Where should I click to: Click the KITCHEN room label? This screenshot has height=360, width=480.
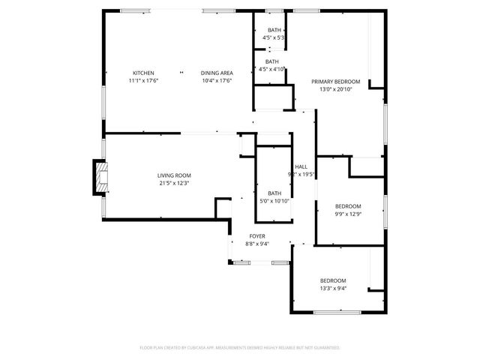[143, 73]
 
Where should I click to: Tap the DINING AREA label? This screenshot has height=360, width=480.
[216, 73]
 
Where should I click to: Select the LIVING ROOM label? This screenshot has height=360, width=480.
[174, 175]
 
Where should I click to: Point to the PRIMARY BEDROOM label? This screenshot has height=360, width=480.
[336, 82]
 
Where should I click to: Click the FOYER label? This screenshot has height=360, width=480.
[258, 236]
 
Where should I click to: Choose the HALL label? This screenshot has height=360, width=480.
[301, 166]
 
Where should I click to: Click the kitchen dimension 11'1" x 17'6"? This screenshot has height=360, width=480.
[143, 80]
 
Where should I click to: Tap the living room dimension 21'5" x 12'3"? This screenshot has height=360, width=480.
[174, 183]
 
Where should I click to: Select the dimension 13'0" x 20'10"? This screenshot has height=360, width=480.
[336, 89]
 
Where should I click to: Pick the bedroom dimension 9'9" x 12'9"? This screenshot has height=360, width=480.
[348, 214]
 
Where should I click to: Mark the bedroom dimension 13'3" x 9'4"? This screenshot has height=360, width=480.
[333, 288]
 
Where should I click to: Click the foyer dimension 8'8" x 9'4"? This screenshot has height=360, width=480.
[258, 244]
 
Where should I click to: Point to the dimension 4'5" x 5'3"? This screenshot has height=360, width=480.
[273, 37]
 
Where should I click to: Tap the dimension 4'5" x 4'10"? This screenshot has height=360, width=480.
[272, 69]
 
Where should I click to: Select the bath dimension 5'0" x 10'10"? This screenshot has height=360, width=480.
[274, 200]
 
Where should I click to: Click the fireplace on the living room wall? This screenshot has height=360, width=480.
[98, 177]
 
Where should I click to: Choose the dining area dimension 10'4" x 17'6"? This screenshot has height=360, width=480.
[216, 80]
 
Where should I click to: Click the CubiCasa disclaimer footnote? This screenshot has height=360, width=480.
[240, 348]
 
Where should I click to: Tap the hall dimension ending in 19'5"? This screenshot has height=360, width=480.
[301, 174]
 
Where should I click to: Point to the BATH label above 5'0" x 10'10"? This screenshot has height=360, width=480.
[274, 193]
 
